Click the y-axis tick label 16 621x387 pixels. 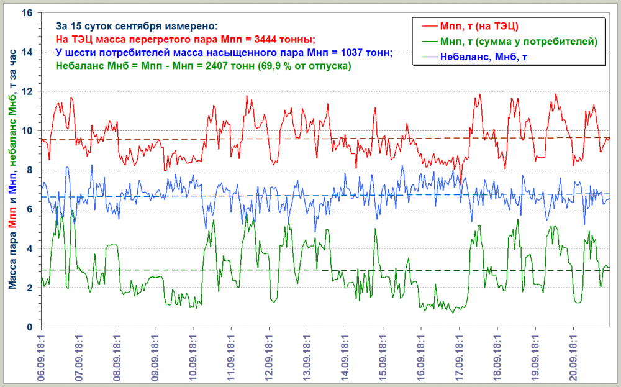tap(28, 12)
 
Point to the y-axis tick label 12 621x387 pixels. tap(28, 91)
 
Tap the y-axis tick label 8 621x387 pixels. tap(31, 170)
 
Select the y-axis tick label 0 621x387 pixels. tap(31, 327)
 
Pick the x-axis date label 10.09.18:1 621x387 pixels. tap(193, 357)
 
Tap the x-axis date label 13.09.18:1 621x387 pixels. tap(307, 357)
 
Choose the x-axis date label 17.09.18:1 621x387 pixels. tap(459, 357)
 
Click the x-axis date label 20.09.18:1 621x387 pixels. tap(573, 357)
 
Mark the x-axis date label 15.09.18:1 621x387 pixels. tap(383, 357)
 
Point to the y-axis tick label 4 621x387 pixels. tap(31, 248)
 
